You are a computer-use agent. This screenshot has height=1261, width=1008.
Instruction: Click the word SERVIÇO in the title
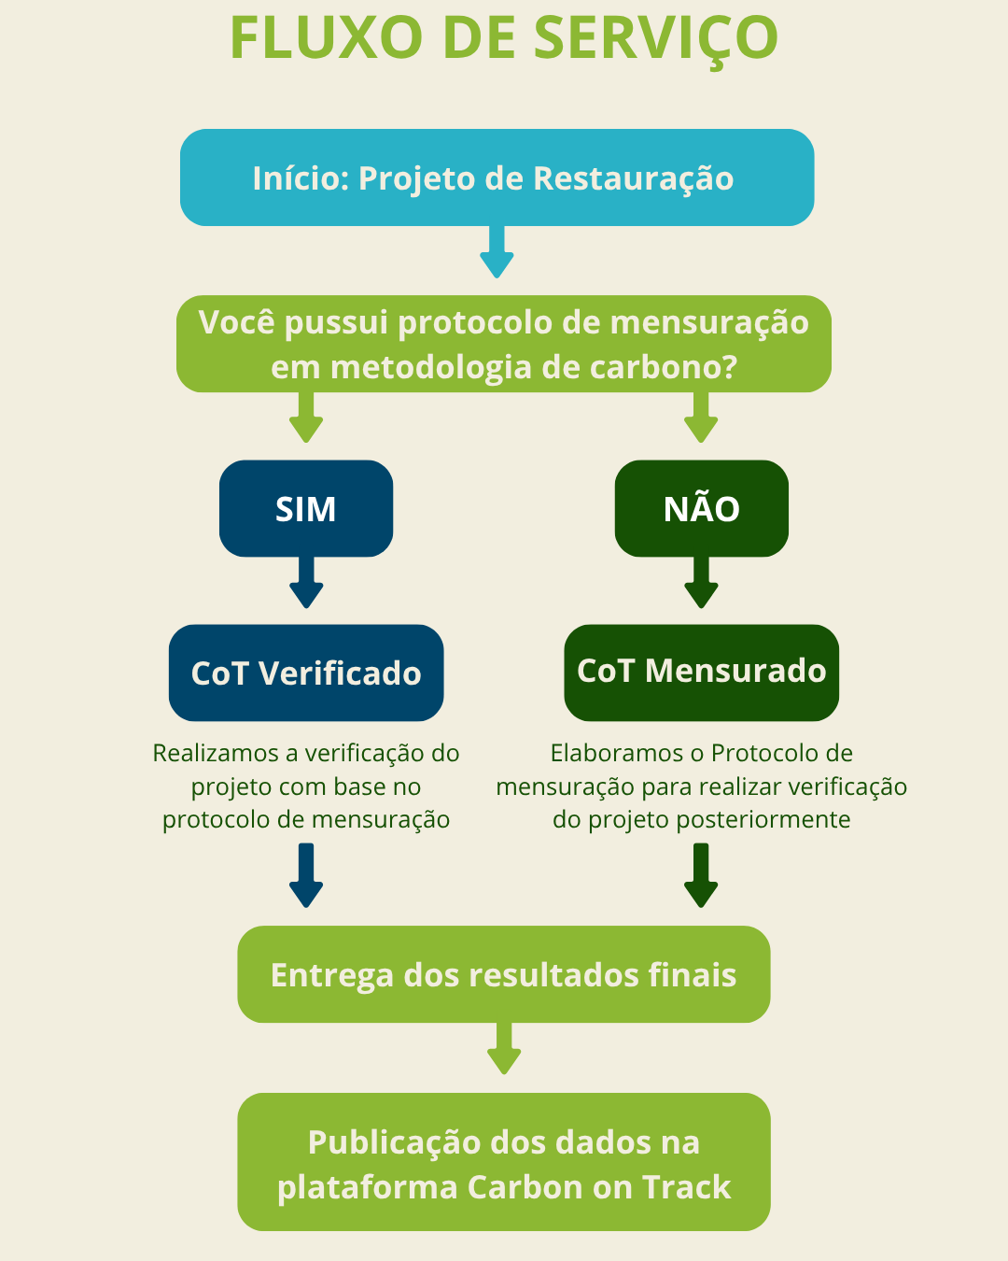coord(656,38)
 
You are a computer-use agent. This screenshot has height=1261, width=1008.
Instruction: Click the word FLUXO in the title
coord(327,37)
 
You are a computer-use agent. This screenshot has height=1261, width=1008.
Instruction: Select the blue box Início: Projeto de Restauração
coord(497,177)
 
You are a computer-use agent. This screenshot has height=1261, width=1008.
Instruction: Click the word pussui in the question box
coord(336,324)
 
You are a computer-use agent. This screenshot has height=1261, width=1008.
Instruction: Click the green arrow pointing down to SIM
coord(306,418)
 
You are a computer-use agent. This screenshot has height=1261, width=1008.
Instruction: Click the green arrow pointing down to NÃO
coord(701,418)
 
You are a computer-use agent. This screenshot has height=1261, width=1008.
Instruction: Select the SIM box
coord(306,509)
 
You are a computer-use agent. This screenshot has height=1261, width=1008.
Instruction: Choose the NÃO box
coord(702,509)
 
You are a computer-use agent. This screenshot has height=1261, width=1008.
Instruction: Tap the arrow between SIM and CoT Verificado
coord(306,583)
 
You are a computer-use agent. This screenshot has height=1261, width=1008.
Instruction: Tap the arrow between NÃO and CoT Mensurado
coord(701,583)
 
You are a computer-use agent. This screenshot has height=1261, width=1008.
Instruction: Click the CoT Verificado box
coord(306,673)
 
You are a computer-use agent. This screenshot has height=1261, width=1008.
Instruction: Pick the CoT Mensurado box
coord(702,673)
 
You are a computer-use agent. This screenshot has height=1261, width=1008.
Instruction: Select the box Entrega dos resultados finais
coord(504,974)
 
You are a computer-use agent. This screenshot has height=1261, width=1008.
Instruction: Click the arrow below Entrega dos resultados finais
coord(504,1049)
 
